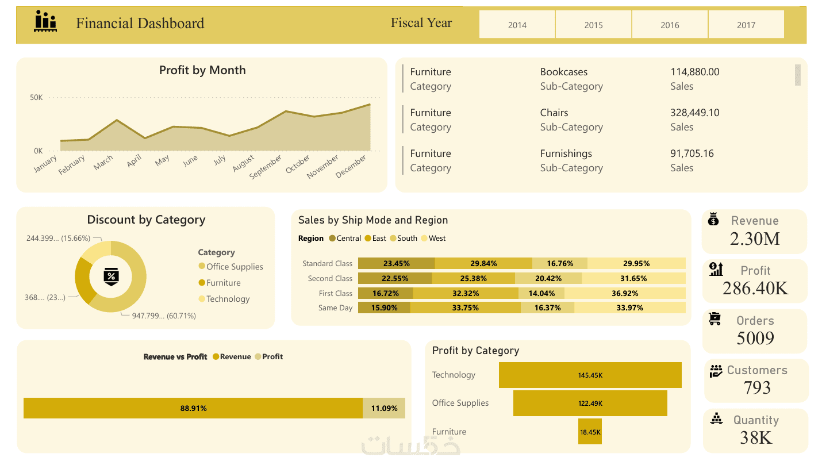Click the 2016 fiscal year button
[670, 25]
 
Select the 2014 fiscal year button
[517, 25]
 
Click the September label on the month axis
[266, 166]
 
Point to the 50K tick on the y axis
[36, 98]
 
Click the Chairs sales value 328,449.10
[694, 113]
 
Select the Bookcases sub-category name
[563, 72]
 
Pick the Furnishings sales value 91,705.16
[692, 153]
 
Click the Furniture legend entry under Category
[223, 283]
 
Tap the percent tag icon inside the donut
[111, 276]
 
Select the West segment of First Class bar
[625, 293]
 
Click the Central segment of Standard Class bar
[396, 263]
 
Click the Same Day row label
[335, 308]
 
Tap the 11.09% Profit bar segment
[384, 408]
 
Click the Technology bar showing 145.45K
[590, 375]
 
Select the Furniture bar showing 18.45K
[590, 432]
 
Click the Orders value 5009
[755, 338]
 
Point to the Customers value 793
[756, 388]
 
